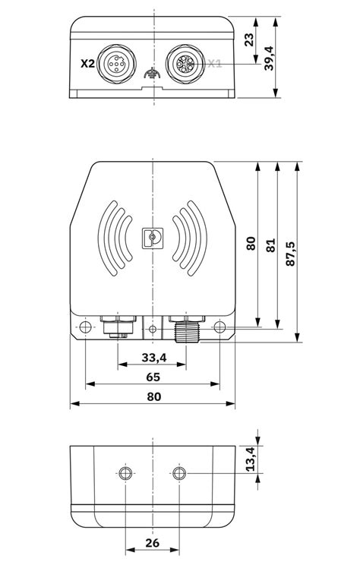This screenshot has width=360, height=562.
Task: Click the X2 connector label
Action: (87, 65)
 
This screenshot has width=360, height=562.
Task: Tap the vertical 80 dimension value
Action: (251, 244)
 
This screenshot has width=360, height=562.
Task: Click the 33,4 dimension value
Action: (152, 357)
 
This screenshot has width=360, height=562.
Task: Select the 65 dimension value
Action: (152, 377)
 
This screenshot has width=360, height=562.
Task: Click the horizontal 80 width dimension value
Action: (153, 396)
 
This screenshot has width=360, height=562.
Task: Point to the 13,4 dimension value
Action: (250, 459)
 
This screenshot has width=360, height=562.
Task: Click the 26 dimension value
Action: (152, 543)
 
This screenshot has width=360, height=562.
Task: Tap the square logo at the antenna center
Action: (153, 238)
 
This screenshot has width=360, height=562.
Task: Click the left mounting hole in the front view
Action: (85, 328)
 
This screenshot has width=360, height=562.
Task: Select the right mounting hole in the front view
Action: (219, 328)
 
